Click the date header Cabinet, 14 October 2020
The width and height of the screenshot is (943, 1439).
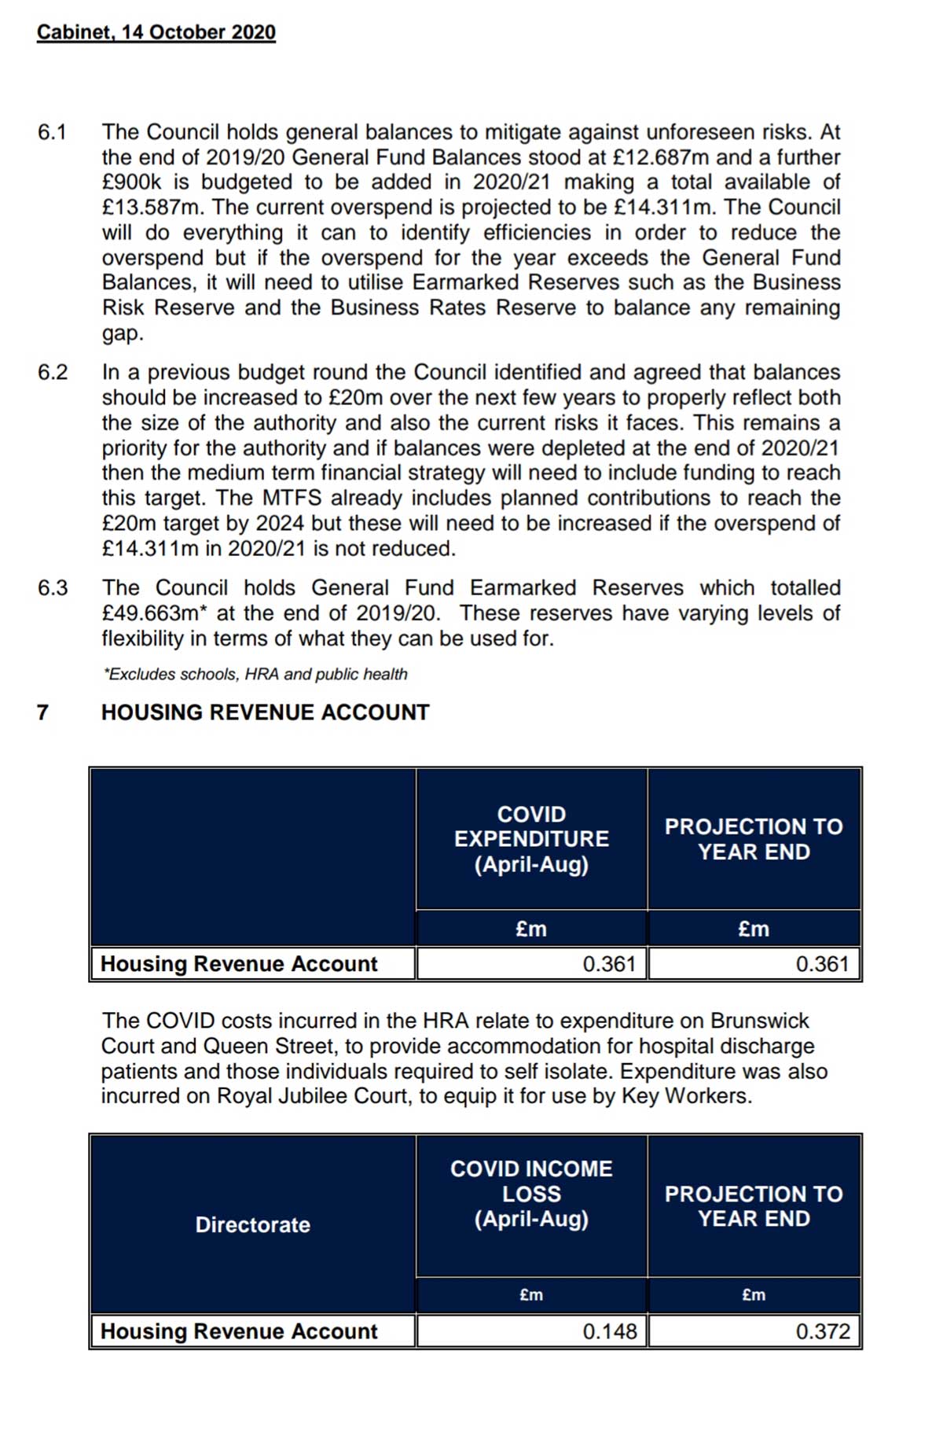156,32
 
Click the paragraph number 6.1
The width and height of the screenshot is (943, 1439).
52,132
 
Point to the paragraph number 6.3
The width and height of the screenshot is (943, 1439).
53,587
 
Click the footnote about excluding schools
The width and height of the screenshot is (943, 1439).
255,674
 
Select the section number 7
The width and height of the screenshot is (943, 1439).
42,712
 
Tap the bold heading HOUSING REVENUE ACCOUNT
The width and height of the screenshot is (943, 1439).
265,712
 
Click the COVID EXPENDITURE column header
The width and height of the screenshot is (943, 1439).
531,839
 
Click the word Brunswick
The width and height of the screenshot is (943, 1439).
759,1021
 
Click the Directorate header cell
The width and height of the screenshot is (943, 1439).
252,1224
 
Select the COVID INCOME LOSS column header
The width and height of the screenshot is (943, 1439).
531,1194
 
